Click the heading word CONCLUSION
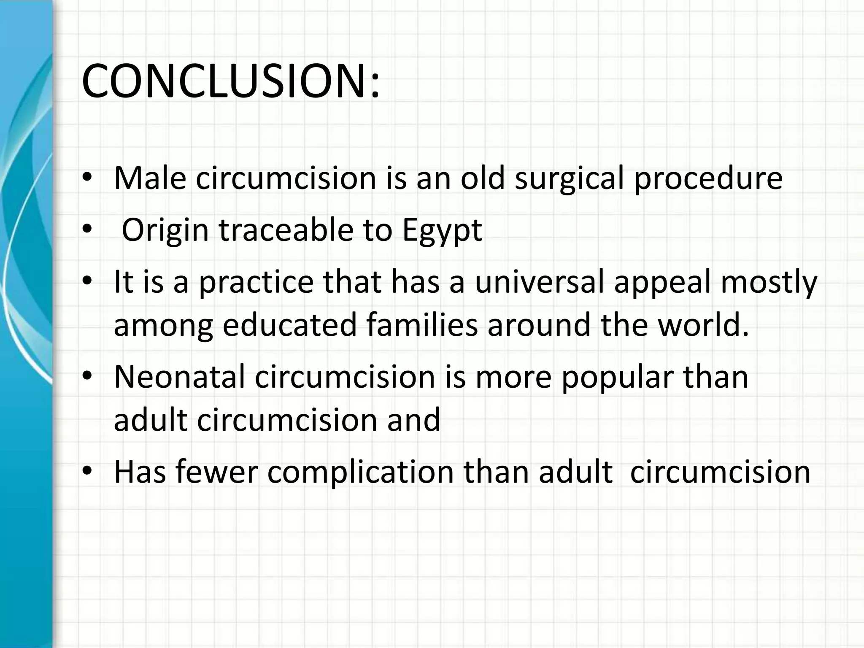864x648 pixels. pyautogui.click(x=226, y=81)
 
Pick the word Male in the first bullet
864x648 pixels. pyautogui.click(x=150, y=178)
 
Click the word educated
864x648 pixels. pyautogui.click(x=290, y=325)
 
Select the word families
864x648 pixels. pyautogui.click(x=422, y=325)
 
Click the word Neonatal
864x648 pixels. pyautogui.click(x=180, y=377)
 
